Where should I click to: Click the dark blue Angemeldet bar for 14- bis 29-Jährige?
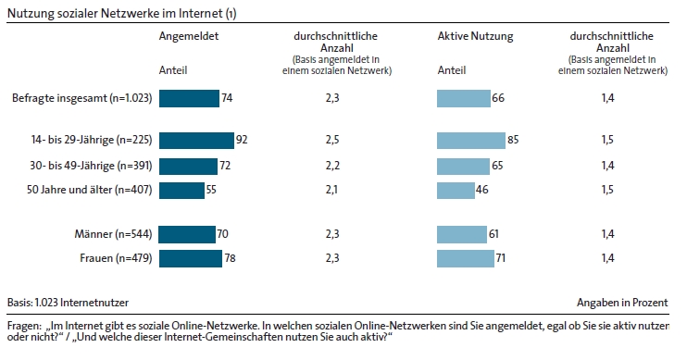click(196, 141)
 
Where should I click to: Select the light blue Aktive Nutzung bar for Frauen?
click(466, 258)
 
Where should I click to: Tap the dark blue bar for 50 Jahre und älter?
click(181, 191)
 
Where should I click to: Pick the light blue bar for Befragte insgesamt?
click(464, 98)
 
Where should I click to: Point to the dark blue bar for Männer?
click(187, 234)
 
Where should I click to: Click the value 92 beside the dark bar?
click(242, 140)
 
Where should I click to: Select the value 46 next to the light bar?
click(482, 190)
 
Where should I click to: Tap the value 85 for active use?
click(513, 140)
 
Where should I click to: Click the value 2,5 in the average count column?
click(332, 140)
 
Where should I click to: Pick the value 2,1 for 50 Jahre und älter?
click(331, 190)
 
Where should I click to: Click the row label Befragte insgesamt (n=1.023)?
click(81, 98)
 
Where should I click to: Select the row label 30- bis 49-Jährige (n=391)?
click(91, 166)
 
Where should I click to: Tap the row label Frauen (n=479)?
click(116, 258)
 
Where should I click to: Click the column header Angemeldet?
click(189, 36)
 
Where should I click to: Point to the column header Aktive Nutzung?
click(475, 36)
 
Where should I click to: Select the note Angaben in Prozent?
click(622, 303)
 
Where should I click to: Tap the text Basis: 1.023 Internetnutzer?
click(68, 303)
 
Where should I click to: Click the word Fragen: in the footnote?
click(24, 327)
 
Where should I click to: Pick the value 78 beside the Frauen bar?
click(230, 258)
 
